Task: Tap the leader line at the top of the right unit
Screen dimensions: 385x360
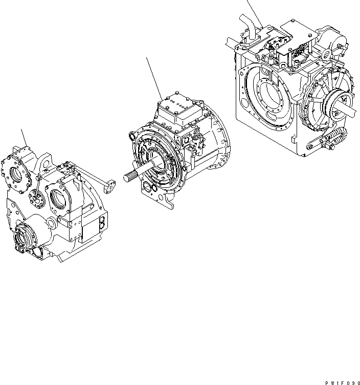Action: (x=254, y=10)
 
